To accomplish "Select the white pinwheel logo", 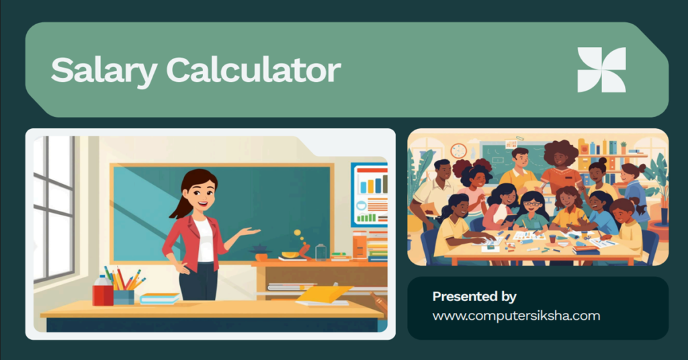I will tap(601, 69).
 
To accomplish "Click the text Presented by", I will tap(474, 296).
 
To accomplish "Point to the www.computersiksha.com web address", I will tap(516, 315).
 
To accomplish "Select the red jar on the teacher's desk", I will tap(103, 294).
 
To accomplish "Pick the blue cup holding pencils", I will tap(124, 296).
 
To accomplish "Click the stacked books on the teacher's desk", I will tap(159, 298).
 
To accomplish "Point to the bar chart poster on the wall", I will tap(370, 195).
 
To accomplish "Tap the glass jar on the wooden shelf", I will tap(320, 252).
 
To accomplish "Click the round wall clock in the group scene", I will tap(459, 150).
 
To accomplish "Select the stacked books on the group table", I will tap(585, 249).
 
